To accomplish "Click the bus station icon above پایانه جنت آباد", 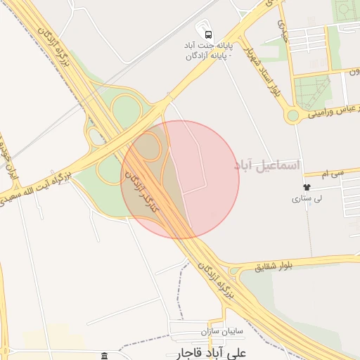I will pyautogui.click(x=207, y=34).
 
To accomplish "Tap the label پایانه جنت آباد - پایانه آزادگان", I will pyautogui.click(x=207, y=49).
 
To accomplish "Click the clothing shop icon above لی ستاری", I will pyautogui.click(x=307, y=187).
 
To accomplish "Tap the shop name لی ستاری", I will pyautogui.click(x=307, y=199).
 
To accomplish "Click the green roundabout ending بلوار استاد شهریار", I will pyautogui.click(x=292, y=115).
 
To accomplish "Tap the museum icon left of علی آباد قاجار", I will pyautogui.click(x=105, y=356).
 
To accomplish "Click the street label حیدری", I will pyautogui.click(x=283, y=28).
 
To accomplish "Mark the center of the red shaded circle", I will pyautogui.click(x=180, y=180).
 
